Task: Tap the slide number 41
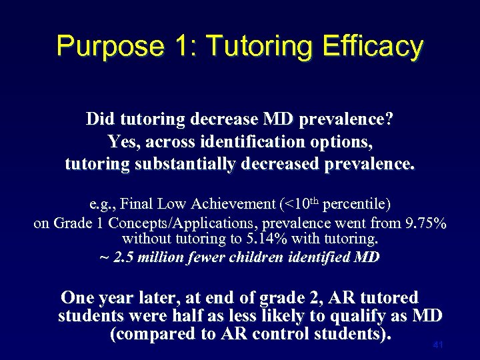point(438,345)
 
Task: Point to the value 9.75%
point(423,223)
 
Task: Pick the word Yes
point(122,142)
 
